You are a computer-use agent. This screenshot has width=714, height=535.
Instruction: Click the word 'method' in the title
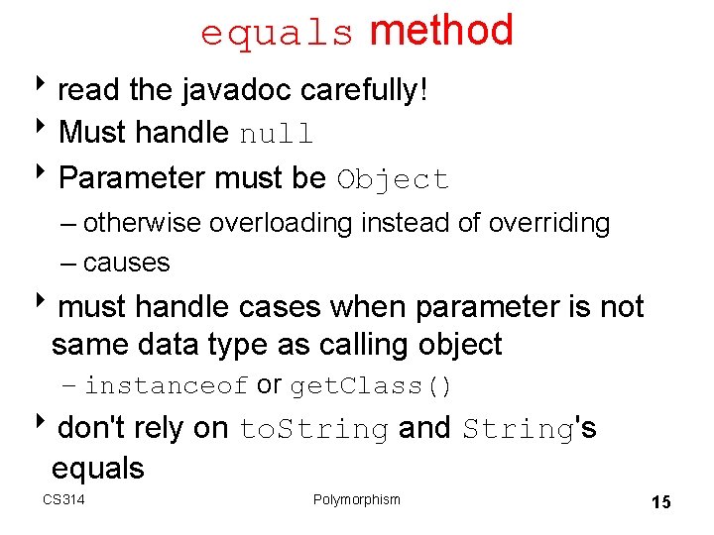(x=441, y=31)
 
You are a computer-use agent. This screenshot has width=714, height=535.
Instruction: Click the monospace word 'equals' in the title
(x=277, y=34)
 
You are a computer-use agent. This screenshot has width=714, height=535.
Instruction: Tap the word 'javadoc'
(x=237, y=90)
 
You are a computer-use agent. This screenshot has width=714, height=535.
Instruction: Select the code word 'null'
(x=277, y=134)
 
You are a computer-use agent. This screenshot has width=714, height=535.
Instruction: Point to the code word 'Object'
(x=393, y=179)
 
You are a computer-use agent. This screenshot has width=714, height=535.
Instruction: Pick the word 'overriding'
(x=549, y=223)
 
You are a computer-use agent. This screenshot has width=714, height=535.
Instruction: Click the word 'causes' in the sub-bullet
(x=127, y=263)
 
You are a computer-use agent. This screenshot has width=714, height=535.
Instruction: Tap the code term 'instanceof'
(x=166, y=385)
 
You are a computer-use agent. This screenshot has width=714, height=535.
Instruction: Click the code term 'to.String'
(x=313, y=429)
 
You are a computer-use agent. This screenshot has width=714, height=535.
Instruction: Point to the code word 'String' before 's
(x=519, y=429)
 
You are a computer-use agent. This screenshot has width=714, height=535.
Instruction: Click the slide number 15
(x=660, y=502)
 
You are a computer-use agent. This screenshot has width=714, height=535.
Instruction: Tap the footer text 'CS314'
(x=63, y=499)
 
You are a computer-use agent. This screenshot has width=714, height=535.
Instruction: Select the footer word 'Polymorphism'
(x=356, y=499)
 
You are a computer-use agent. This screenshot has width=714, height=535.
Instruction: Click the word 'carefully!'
(x=364, y=90)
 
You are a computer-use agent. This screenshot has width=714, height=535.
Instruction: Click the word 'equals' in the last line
(x=97, y=468)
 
